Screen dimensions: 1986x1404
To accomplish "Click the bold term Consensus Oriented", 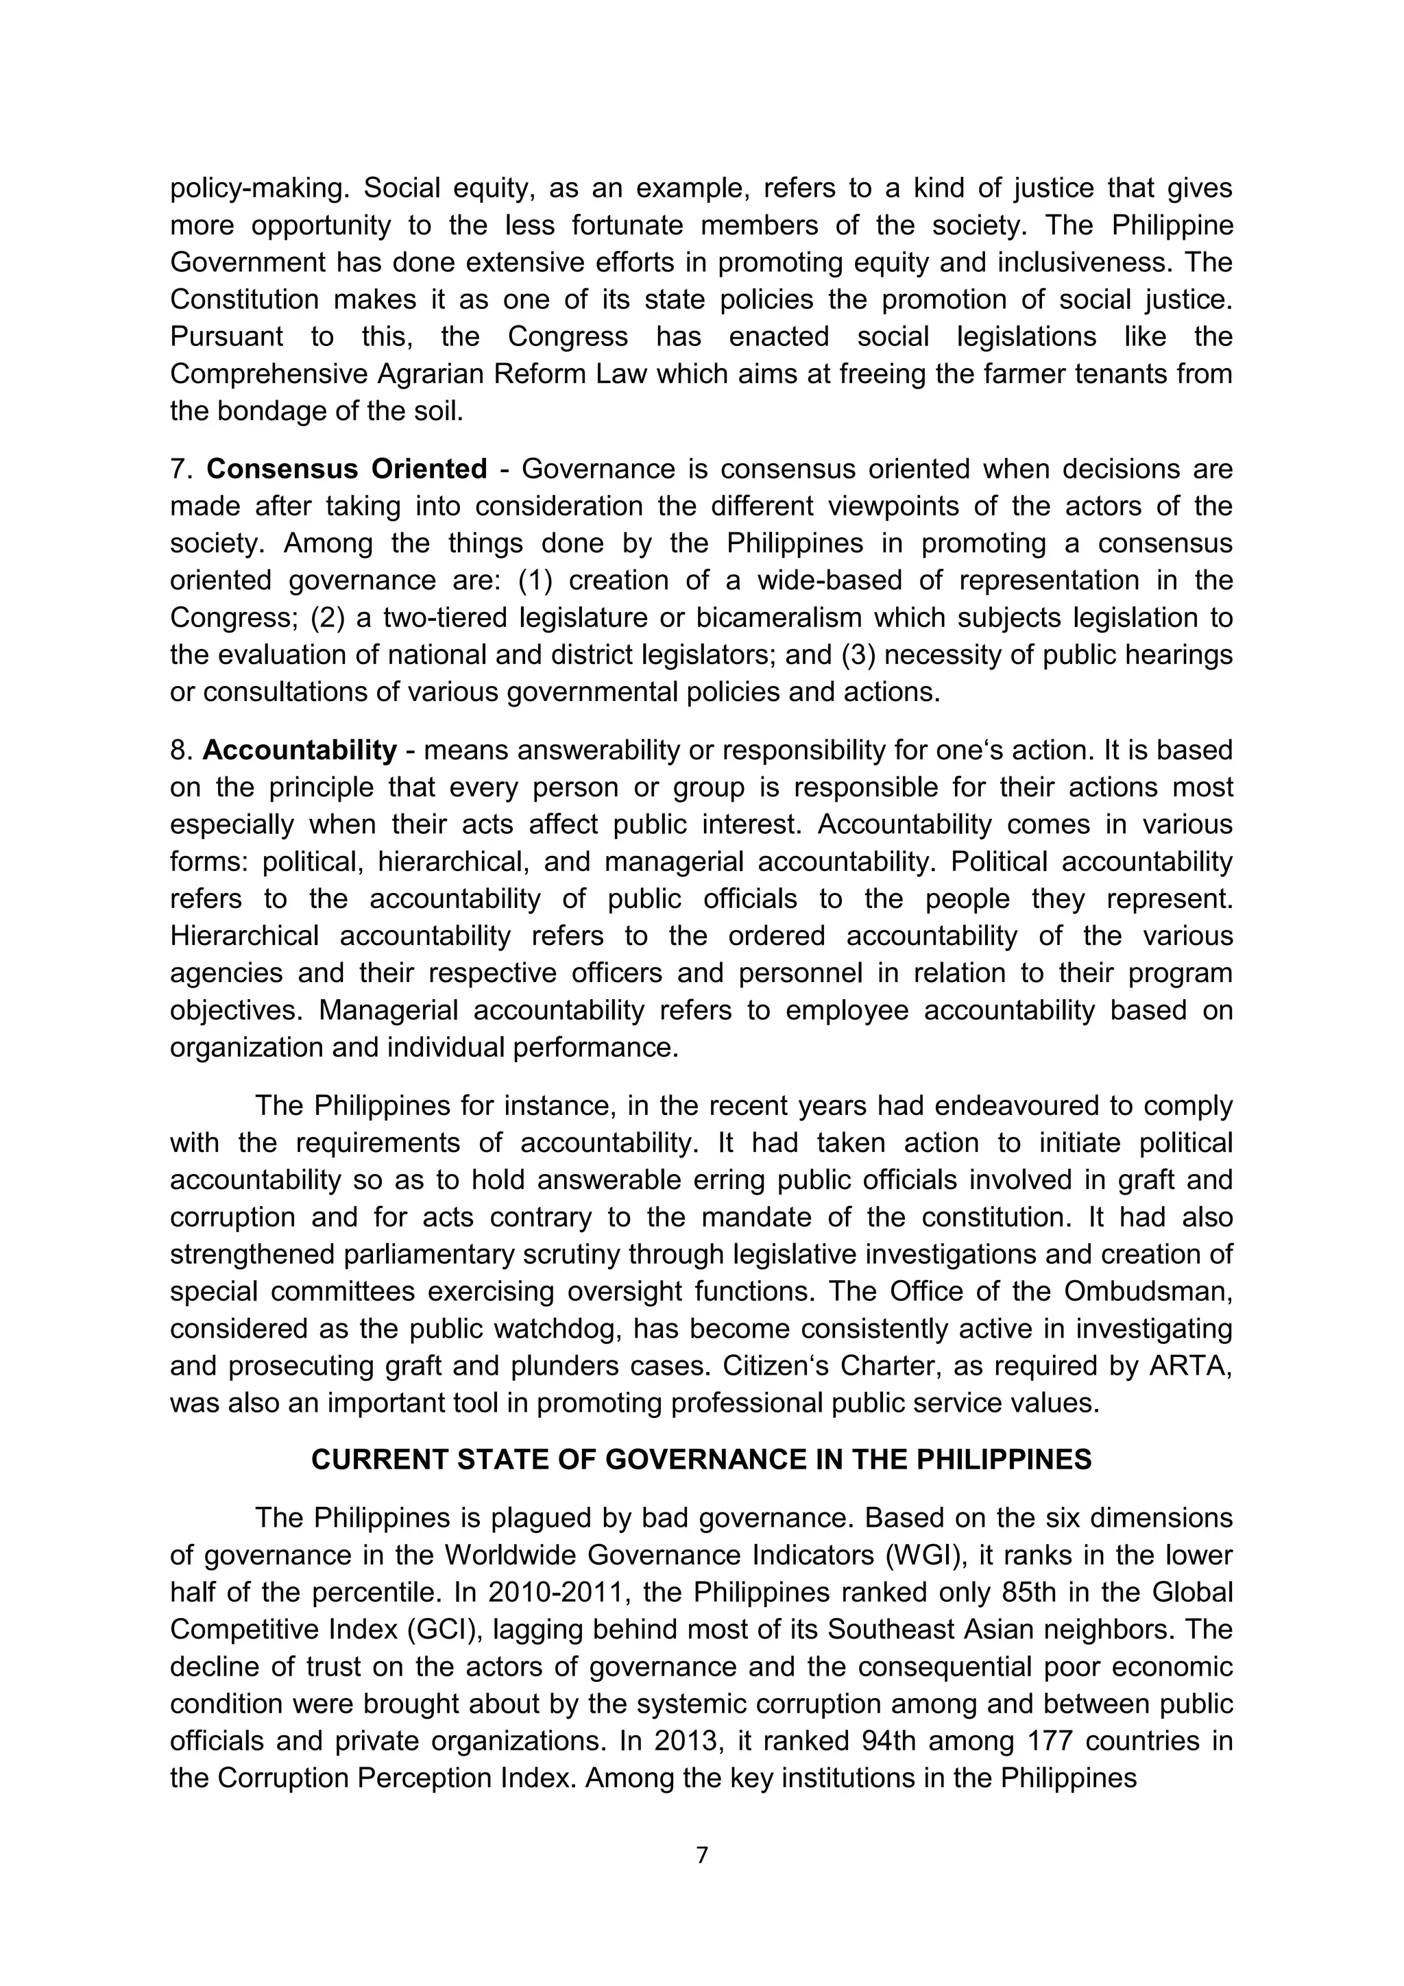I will pyautogui.click(x=346, y=469).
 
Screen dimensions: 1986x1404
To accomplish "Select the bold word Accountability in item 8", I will pyautogui.click(x=300, y=750).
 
